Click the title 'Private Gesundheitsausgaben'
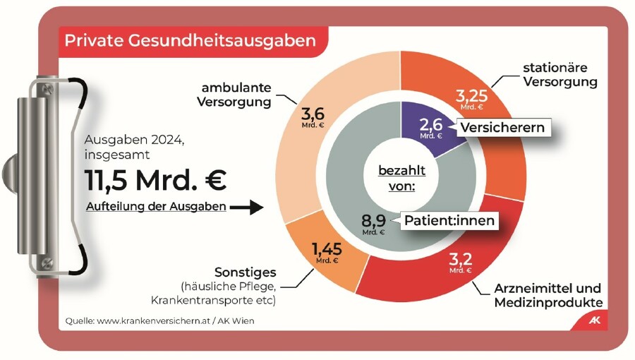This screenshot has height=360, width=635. (x=190, y=40)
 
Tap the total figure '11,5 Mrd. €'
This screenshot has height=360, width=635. (x=156, y=180)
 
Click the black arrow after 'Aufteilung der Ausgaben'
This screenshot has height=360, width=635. (x=246, y=208)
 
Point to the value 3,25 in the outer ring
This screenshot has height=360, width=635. (x=471, y=97)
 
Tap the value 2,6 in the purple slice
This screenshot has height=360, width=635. (x=430, y=125)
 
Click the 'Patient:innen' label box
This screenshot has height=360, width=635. (x=449, y=220)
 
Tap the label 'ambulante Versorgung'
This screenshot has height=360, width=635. (x=236, y=95)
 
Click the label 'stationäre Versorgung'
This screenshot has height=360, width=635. (x=560, y=75)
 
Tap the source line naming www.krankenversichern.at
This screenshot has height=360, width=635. (x=159, y=321)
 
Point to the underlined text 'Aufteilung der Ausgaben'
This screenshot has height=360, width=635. (x=156, y=207)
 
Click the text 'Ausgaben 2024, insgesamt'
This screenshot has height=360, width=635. (x=134, y=147)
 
